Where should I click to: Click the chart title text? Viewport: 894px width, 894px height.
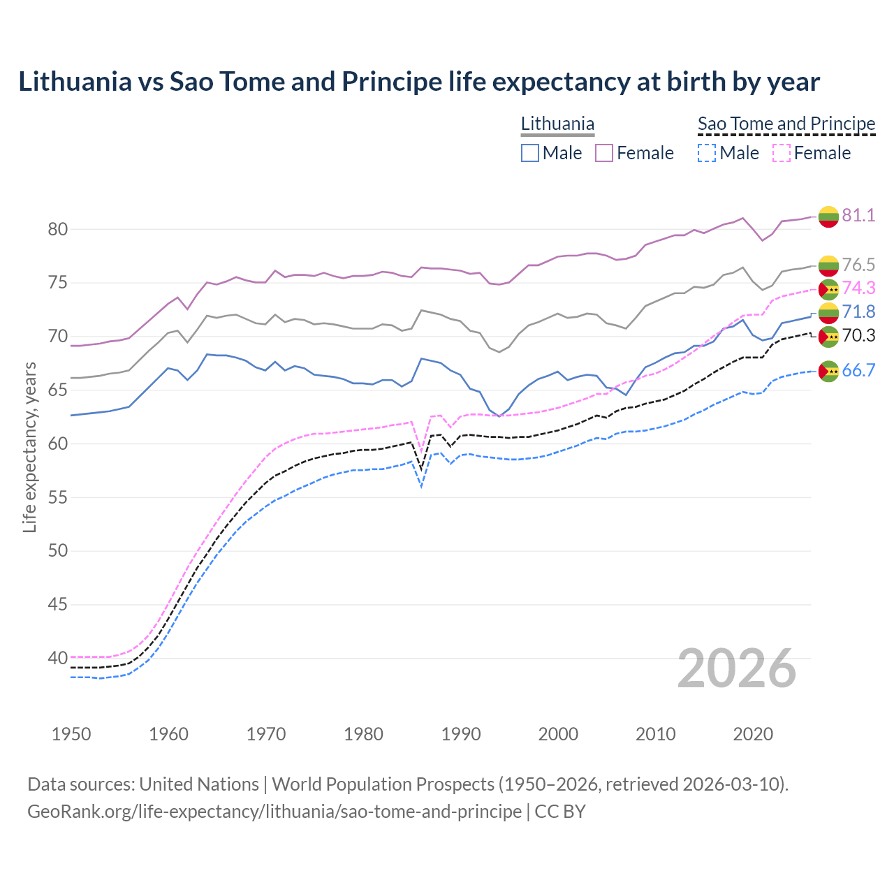[x=419, y=82]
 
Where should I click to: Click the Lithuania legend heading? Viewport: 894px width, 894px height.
[x=557, y=124]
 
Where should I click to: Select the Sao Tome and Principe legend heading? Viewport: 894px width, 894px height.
[x=786, y=124]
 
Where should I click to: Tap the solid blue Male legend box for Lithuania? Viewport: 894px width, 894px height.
[x=530, y=153]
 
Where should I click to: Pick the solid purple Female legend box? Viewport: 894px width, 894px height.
[x=604, y=153]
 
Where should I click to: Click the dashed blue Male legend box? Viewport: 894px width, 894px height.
[x=707, y=153]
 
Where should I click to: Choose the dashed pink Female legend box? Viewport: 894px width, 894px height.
[x=782, y=153]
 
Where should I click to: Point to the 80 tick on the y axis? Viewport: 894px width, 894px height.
[x=57, y=229]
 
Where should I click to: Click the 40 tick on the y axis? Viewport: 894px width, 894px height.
[x=57, y=658]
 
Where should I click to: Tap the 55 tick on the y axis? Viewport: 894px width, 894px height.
[x=57, y=497]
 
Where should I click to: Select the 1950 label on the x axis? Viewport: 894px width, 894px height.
[x=71, y=734]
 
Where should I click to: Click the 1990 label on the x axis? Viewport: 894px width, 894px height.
[x=461, y=734]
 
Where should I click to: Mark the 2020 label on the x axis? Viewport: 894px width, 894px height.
[x=753, y=734]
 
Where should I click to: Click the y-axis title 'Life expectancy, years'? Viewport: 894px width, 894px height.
[x=29, y=448]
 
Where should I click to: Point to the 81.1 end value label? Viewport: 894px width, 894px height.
[x=858, y=215]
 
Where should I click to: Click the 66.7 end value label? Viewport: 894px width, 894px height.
[x=858, y=371]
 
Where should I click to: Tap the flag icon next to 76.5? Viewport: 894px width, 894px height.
[x=828, y=265]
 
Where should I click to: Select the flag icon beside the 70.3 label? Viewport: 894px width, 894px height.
[x=828, y=337]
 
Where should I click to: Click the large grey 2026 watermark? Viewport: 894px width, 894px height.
[x=737, y=668]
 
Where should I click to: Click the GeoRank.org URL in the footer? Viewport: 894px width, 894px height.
[x=274, y=812]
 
